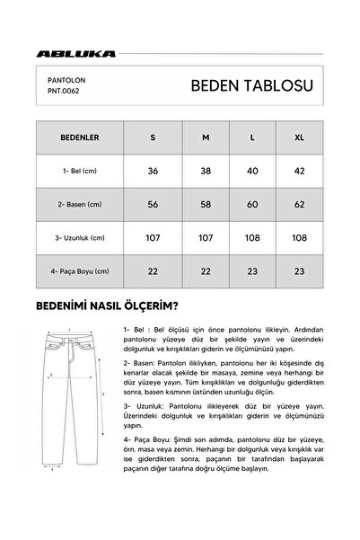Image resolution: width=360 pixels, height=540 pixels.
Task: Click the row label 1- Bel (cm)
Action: point(80,171)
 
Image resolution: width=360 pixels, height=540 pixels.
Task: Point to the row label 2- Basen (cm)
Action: point(80,204)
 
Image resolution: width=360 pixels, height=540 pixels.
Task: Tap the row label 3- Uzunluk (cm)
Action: point(80,237)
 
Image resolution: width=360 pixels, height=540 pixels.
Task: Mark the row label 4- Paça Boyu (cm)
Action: point(80,270)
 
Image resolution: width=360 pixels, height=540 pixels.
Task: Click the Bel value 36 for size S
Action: point(153,171)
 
